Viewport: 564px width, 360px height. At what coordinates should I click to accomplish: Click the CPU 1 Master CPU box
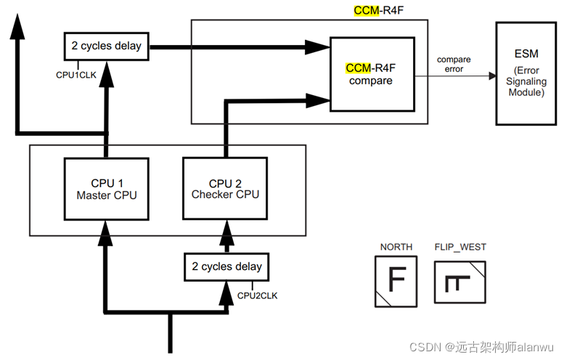click(x=107, y=189)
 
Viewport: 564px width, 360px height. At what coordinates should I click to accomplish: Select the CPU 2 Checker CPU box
click(x=225, y=189)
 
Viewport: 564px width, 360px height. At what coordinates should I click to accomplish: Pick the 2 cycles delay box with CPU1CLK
click(x=107, y=46)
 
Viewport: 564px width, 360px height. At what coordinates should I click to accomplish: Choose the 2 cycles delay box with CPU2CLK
click(x=226, y=267)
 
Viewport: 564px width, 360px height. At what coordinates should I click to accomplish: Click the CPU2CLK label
click(x=258, y=295)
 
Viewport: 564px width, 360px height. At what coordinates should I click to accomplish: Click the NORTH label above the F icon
click(x=396, y=247)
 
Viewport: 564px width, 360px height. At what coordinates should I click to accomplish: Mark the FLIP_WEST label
click(x=460, y=247)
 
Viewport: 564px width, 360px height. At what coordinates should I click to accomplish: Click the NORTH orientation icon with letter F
click(x=396, y=282)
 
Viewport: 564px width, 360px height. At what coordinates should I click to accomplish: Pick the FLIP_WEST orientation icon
click(x=460, y=282)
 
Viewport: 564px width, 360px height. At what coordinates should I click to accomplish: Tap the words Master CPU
click(x=107, y=195)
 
